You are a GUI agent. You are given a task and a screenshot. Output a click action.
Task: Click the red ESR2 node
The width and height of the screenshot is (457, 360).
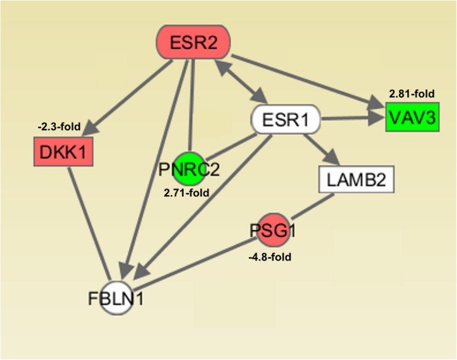[x=195, y=42]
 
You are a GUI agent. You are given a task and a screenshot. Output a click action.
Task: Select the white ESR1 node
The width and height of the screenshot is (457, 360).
[x=285, y=120]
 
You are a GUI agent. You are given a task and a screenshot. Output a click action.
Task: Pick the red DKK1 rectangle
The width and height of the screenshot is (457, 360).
[x=63, y=152]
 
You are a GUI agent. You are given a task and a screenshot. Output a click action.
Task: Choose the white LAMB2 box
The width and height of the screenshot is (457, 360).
[x=357, y=180]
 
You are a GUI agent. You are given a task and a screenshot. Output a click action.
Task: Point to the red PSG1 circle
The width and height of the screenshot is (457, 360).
[x=266, y=232]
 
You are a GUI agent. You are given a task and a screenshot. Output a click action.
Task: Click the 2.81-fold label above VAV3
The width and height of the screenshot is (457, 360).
[x=412, y=93]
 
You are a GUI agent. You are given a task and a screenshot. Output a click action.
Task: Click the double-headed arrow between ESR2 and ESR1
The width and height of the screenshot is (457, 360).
[x=239, y=82]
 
